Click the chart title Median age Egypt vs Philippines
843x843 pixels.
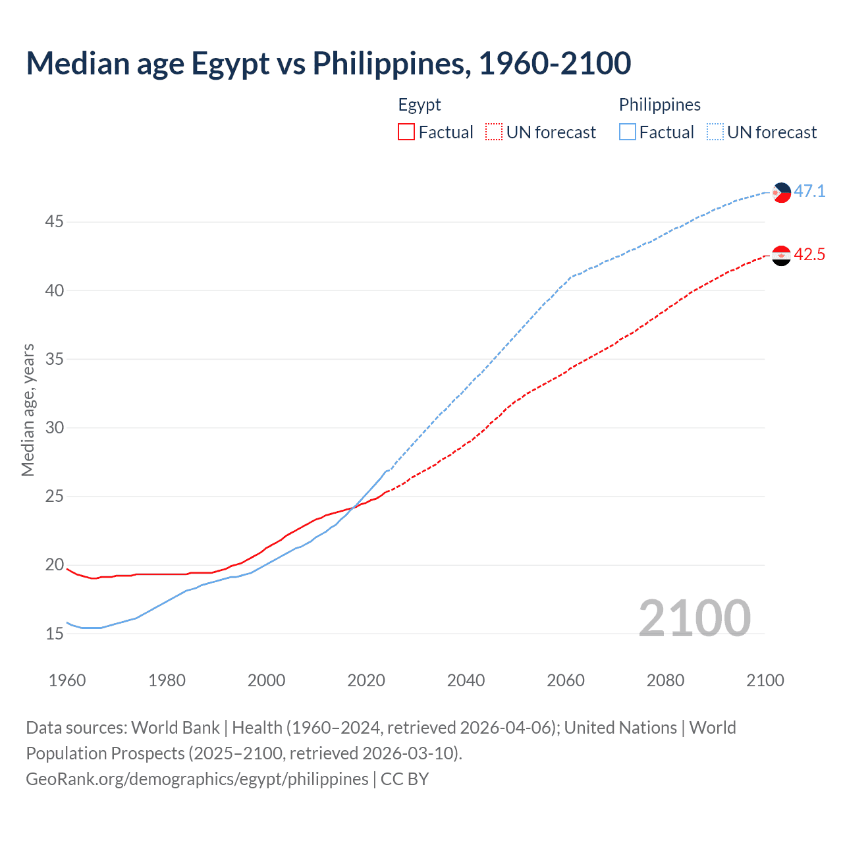point(328,63)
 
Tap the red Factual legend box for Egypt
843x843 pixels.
point(406,132)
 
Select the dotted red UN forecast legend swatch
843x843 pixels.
point(494,132)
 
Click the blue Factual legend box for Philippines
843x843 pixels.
point(628,132)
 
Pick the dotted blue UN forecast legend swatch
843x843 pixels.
point(715,132)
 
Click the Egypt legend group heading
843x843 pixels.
point(420,105)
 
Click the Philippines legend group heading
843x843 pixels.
point(659,105)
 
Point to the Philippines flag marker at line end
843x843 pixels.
point(781,192)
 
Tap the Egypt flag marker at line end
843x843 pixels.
point(781,255)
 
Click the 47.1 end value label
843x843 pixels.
point(809,192)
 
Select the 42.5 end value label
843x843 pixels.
point(809,255)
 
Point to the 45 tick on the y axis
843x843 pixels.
point(54,222)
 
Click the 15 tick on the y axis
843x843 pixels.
point(54,634)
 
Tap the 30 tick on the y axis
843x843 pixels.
point(54,428)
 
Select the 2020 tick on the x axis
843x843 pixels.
point(366,680)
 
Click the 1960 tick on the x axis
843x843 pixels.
point(67,680)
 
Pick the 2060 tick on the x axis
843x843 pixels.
point(566,680)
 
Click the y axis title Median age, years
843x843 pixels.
point(28,410)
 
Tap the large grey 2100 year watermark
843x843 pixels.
point(694,618)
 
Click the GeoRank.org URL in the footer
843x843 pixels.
point(197,778)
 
